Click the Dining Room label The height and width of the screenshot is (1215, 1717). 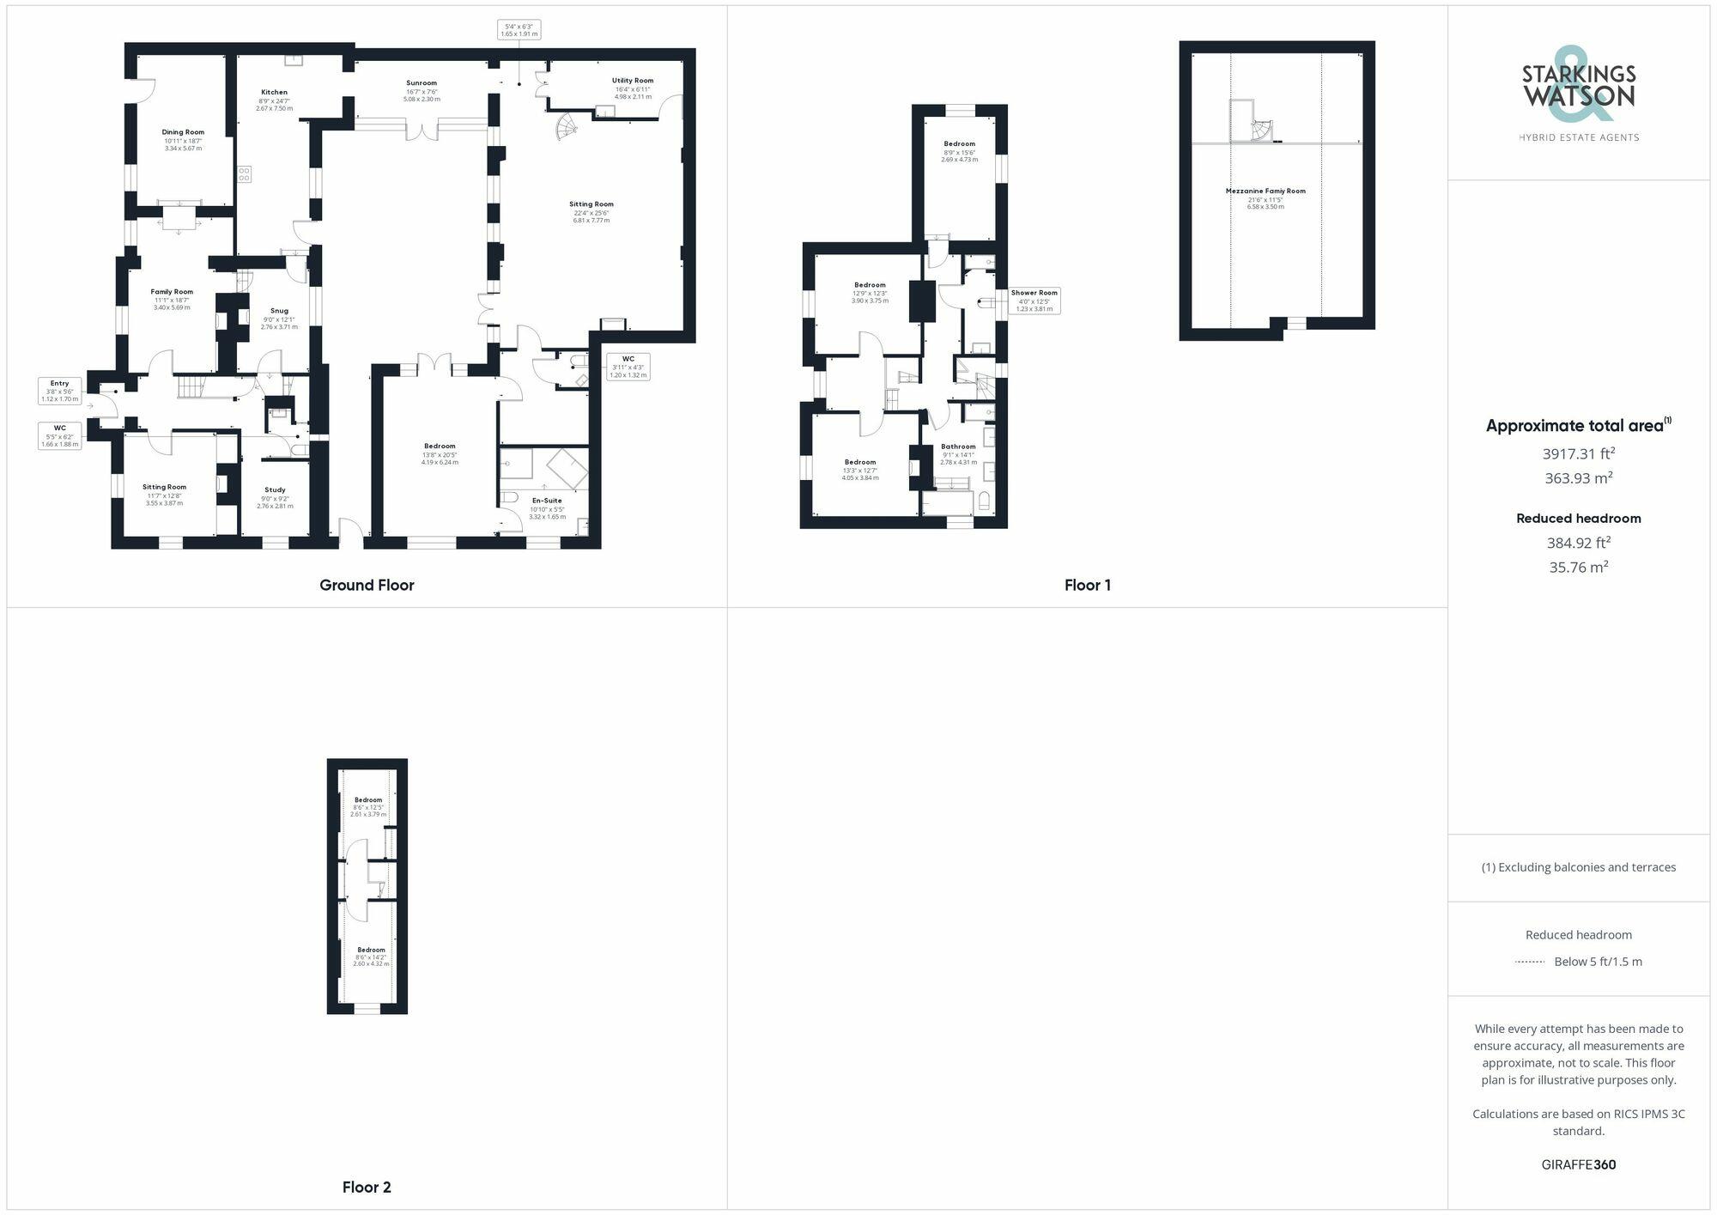coord(183,132)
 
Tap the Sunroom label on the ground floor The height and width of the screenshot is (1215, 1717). coord(422,83)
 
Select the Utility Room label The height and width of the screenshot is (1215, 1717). coord(633,81)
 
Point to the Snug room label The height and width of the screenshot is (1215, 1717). coord(279,311)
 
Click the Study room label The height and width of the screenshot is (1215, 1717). coord(275,490)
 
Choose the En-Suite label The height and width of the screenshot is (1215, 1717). coord(547,501)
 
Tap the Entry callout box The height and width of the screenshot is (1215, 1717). coord(59,391)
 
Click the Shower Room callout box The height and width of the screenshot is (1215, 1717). coord(1034,301)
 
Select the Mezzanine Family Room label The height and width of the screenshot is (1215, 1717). coord(1265,191)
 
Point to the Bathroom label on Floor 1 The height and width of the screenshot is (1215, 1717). coord(958,447)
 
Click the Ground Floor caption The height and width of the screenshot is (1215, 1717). coord(367,586)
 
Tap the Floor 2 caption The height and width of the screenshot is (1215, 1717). coord(367,1188)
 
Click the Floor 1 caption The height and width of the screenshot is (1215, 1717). coord(1087,586)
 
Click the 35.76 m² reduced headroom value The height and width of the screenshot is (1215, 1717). coord(1578,567)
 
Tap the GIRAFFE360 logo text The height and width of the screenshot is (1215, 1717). coord(1578,1165)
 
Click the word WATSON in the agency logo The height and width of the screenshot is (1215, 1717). coord(1579,96)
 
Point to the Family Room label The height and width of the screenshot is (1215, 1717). coord(172,292)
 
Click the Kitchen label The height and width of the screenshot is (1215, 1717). coord(275,93)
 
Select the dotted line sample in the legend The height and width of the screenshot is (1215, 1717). coord(1530,962)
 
